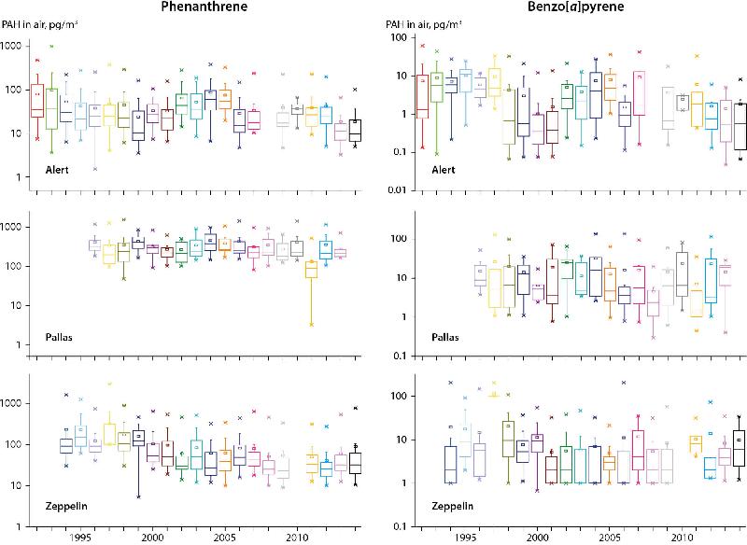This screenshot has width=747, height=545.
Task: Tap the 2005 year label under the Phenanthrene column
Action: point(225,538)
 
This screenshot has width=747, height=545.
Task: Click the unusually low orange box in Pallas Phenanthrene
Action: point(311,270)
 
